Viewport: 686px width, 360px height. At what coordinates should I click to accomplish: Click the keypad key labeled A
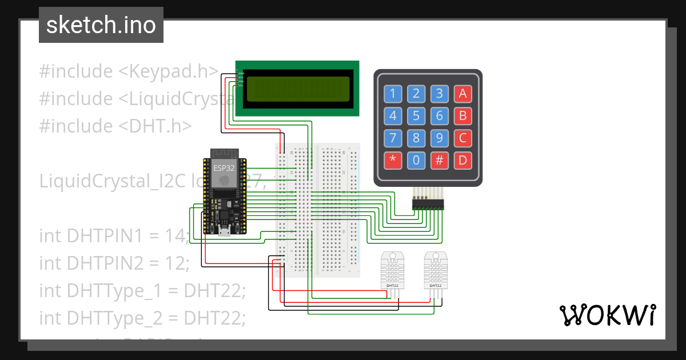(462, 94)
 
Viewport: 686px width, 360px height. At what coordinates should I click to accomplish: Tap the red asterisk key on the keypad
(393, 161)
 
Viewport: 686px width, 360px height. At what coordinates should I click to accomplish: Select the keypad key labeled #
(439, 161)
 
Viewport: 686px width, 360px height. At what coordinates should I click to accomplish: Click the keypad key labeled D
(462, 161)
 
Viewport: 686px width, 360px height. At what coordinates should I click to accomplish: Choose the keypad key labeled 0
(416, 161)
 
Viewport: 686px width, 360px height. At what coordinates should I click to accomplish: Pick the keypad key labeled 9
(439, 138)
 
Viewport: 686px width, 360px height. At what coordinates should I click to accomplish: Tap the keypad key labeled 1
(393, 94)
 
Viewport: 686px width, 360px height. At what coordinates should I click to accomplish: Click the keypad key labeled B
(462, 116)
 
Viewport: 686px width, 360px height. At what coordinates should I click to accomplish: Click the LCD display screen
(297, 89)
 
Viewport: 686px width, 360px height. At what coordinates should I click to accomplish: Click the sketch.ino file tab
(101, 25)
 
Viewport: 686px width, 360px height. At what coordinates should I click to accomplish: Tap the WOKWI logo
(607, 315)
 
